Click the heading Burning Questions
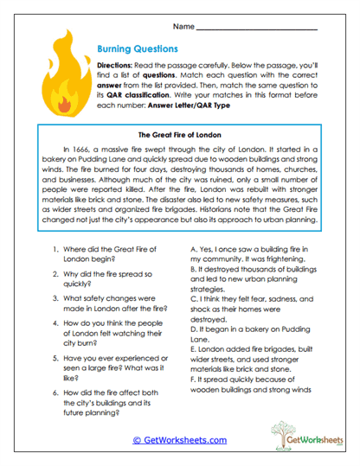coord(137,49)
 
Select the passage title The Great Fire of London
coord(179,135)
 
